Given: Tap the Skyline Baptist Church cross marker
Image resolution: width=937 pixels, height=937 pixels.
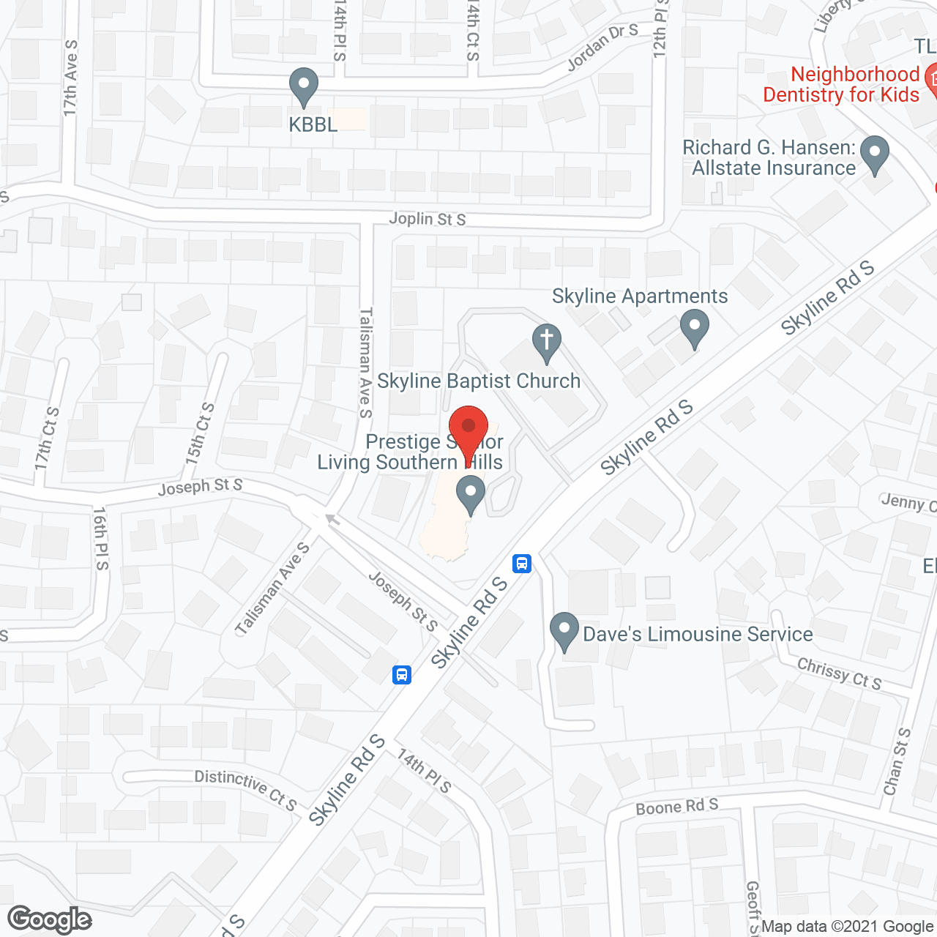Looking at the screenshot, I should [x=546, y=342].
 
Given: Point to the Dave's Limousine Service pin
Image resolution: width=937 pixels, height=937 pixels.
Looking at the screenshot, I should [x=564, y=630].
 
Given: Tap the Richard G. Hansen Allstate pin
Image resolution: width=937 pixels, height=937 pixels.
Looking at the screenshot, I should [x=874, y=154].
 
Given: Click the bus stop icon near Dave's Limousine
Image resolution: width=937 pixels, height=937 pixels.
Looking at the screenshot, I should [x=522, y=563].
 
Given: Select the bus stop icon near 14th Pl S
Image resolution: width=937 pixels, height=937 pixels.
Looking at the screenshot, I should [x=401, y=674].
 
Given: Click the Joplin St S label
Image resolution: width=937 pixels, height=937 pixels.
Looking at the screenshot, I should [x=427, y=219].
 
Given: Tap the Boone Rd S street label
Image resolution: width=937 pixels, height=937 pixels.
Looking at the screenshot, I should [x=677, y=806].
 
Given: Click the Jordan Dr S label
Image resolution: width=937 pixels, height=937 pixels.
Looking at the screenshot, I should [x=602, y=47].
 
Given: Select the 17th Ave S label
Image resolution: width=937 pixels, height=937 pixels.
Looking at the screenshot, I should [x=70, y=78].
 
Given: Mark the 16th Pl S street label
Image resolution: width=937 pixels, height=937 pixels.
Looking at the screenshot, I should [x=100, y=538].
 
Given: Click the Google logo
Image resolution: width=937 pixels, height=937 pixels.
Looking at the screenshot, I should [x=49, y=919].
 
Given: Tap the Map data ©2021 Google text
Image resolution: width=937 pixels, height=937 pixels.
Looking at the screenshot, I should [x=848, y=927].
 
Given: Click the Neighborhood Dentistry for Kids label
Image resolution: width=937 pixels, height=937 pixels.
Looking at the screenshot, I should [x=842, y=84].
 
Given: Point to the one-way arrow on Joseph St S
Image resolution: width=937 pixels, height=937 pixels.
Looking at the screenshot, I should [x=332, y=519].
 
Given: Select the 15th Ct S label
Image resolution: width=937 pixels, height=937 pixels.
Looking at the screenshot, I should [x=199, y=433].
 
